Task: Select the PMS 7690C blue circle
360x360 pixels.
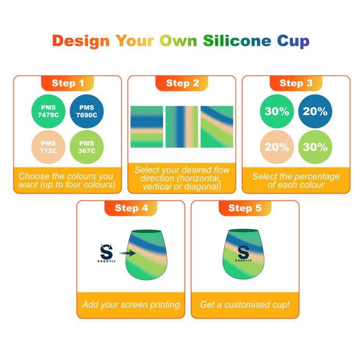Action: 87,111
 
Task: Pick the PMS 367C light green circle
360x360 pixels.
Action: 87,147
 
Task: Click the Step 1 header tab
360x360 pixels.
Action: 68,83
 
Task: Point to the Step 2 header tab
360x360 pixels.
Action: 182,83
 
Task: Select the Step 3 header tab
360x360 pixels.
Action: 296,83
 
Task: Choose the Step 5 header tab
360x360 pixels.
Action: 244,208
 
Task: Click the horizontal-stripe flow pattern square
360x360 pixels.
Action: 147,127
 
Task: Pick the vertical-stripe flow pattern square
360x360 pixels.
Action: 182,127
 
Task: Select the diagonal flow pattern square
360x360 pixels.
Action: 217,127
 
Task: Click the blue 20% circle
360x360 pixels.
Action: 315,112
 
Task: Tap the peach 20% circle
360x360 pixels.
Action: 277,147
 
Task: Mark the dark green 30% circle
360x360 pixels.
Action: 277,112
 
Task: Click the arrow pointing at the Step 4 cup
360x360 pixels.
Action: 127,251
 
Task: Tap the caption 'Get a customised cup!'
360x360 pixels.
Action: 244,305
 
